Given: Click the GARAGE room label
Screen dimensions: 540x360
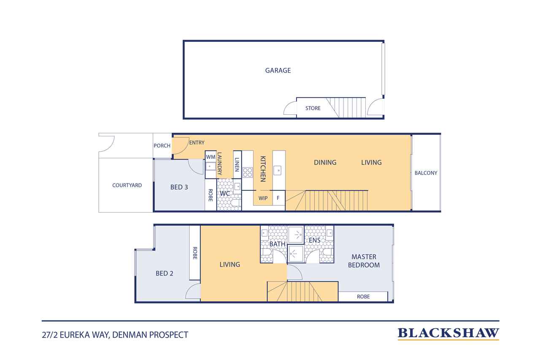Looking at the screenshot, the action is (278, 70).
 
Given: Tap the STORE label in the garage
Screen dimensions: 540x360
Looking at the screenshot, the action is (313, 108).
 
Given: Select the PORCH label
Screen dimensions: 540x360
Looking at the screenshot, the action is (162, 146).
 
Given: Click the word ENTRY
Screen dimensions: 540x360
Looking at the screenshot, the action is (197, 143).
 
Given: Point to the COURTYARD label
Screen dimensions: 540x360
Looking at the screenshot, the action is (127, 185).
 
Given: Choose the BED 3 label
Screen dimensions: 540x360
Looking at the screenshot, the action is (179, 187).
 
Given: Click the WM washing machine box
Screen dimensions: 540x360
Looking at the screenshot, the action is (211, 157).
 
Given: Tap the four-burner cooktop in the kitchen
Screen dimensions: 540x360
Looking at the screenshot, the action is (248, 173).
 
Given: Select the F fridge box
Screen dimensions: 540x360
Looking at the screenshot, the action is (279, 198).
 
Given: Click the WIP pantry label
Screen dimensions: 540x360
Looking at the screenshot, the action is (263, 198).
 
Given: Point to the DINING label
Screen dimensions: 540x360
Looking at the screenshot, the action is (325, 162).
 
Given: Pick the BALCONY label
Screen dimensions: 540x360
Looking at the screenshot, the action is (426, 173).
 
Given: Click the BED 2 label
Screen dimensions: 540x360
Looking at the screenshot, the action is (165, 273).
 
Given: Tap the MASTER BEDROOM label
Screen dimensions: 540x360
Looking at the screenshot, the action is (364, 261).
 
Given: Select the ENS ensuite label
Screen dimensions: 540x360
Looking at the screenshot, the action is (315, 240).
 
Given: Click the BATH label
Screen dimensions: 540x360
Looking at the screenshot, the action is (277, 244).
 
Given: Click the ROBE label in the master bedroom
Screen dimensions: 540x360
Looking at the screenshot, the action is (363, 297).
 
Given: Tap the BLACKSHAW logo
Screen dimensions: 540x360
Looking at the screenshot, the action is (448, 334).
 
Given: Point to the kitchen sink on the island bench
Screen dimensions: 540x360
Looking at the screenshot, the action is (278, 171).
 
